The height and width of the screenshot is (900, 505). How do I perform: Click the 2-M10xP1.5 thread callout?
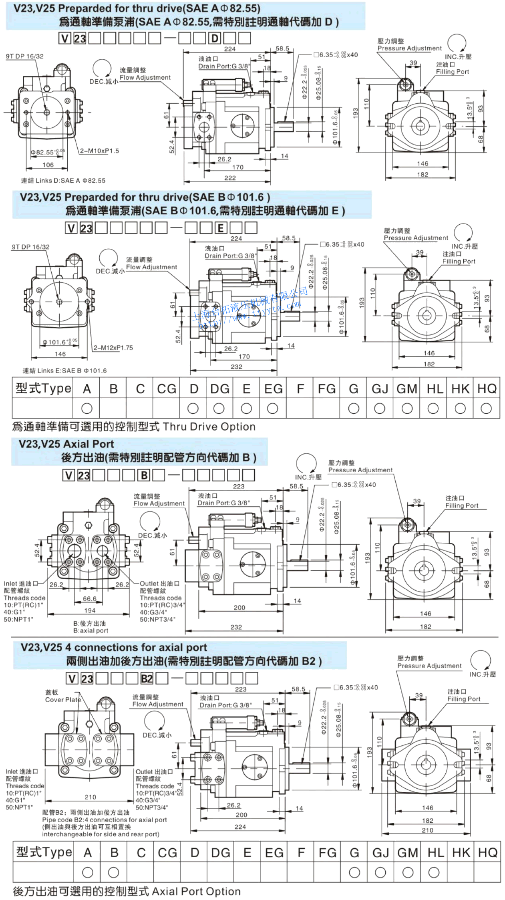(99, 151)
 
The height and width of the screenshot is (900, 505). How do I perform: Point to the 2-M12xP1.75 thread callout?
(113, 348)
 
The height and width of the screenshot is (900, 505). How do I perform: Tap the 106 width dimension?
(48, 165)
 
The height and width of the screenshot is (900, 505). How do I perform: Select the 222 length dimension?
(230, 178)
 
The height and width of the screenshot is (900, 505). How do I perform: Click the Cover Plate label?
(63, 700)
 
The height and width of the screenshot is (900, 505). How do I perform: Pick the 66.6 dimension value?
(89, 599)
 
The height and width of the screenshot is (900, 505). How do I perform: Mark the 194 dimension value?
(90, 610)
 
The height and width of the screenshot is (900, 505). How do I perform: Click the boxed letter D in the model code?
(215, 38)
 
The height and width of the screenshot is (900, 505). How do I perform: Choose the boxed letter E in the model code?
(221, 228)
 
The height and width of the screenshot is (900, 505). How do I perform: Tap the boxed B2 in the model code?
(147, 679)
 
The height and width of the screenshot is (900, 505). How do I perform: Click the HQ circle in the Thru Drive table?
(486, 409)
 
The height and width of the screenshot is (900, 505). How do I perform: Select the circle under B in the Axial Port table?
(114, 872)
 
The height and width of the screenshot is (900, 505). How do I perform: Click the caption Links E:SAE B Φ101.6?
(65, 371)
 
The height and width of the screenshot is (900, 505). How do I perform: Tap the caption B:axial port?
(91, 631)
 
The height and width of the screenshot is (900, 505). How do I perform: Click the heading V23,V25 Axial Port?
(66, 444)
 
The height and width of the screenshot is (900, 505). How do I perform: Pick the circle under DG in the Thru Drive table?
(219, 409)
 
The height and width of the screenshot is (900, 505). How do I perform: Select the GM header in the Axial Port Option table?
(407, 853)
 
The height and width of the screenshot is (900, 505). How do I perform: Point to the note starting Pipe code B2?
(105, 820)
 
